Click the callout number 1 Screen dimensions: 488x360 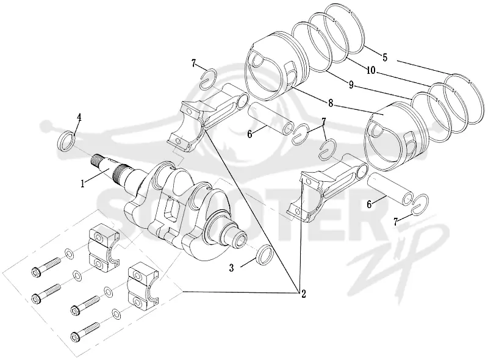tap(82, 184)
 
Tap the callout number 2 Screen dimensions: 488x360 tap(303, 293)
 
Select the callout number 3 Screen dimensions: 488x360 tap(231, 268)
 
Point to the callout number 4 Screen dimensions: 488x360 tap(79, 117)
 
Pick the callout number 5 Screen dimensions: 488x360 tap(385, 57)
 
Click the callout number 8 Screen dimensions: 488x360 tap(331, 103)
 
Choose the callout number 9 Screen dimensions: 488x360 tap(351, 85)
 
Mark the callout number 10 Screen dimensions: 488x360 tap(371, 70)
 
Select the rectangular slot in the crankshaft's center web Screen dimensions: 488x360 tap(171, 208)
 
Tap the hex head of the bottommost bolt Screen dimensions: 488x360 tap(75, 336)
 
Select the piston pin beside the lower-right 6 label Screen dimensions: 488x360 tap(391, 190)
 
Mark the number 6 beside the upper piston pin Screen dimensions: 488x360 tap(249, 134)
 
